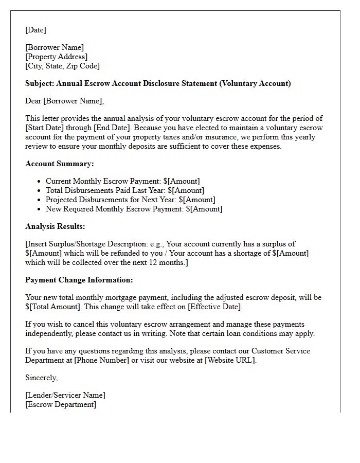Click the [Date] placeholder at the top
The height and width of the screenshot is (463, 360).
point(35,30)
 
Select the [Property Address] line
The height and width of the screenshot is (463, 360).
point(56,57)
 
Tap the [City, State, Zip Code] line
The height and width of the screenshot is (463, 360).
point(62,66)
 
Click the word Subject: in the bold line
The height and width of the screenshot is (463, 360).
point(40,83)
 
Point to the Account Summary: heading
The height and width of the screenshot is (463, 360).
point(59,164)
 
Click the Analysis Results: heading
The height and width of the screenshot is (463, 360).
point(55,226)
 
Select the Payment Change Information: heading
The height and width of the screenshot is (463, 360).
point(79,280)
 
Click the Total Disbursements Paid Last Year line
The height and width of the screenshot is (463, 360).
point(124,190)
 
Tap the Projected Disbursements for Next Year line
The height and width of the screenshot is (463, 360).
point(130,200)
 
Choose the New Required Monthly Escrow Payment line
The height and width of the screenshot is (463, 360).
point(134,209)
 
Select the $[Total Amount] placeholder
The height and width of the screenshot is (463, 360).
point(52,307)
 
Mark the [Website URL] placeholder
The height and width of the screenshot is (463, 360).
point(229,360)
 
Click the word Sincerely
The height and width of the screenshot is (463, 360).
point(41,378)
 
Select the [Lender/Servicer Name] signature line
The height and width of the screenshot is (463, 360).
point(65,395)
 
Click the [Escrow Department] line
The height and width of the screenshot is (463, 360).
point(60,404)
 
